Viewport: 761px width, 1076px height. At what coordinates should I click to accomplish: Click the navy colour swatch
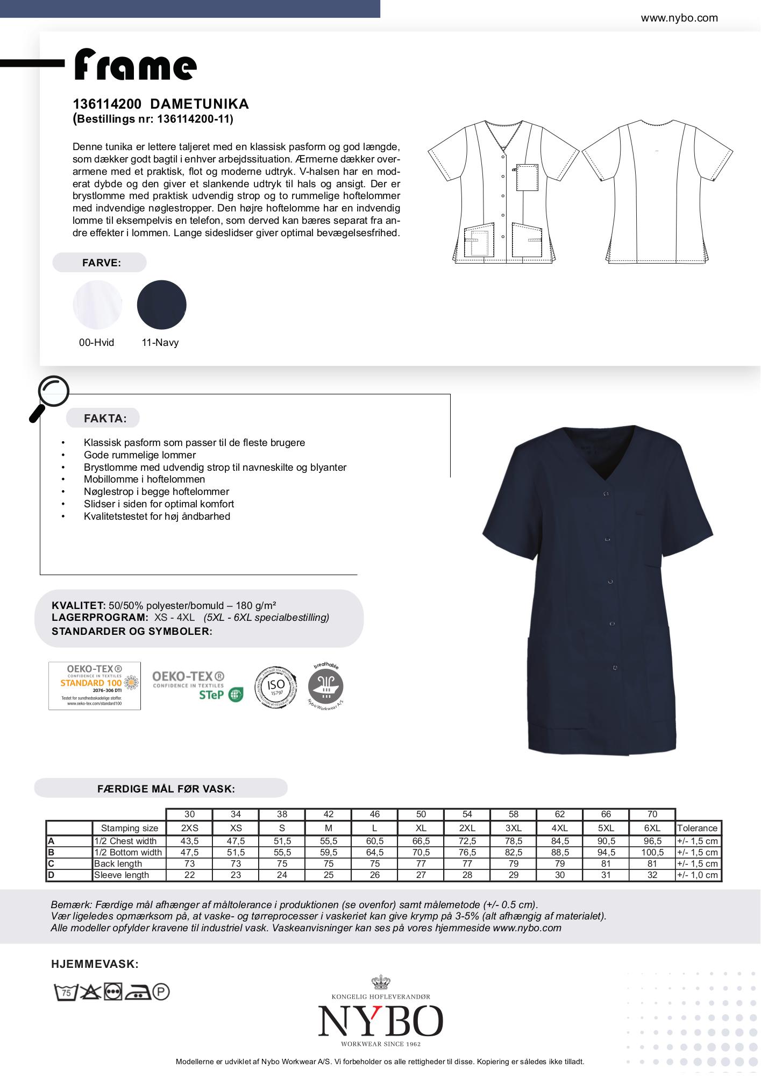(x=161, y=305)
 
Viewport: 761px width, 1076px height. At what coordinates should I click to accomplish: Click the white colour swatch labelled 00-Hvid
(x=97, y=305)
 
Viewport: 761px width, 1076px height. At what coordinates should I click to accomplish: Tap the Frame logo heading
(x=135, y=65)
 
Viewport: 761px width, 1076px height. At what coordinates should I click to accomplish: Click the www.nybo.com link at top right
(x=679, y=18)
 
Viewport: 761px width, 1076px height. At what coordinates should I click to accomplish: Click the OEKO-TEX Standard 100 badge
(x=95, y=685)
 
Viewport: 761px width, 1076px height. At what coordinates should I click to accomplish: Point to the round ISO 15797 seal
(x=275, y=686)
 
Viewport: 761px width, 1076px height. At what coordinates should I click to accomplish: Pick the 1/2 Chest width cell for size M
(x=328, y=841)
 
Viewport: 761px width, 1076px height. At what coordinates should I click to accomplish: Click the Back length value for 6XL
(x=652, y=863)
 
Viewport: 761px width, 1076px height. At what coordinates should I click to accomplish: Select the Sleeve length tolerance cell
(x=698, y=875)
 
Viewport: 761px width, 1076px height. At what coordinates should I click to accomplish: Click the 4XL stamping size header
(x=559, y=828)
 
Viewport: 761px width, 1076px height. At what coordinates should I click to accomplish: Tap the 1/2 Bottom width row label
(x=128, y=852)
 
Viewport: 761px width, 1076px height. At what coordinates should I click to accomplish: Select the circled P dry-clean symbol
(x=161, y=992)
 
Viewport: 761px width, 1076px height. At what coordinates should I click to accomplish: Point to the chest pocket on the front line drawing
(x=527, y=177)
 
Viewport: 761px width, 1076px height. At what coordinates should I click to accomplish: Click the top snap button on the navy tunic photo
(x=606, y=493)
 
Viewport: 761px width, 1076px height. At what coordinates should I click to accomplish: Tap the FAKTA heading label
(x=105, y=419)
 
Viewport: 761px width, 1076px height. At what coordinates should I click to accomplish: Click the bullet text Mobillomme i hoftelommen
(x=144, y=479)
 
